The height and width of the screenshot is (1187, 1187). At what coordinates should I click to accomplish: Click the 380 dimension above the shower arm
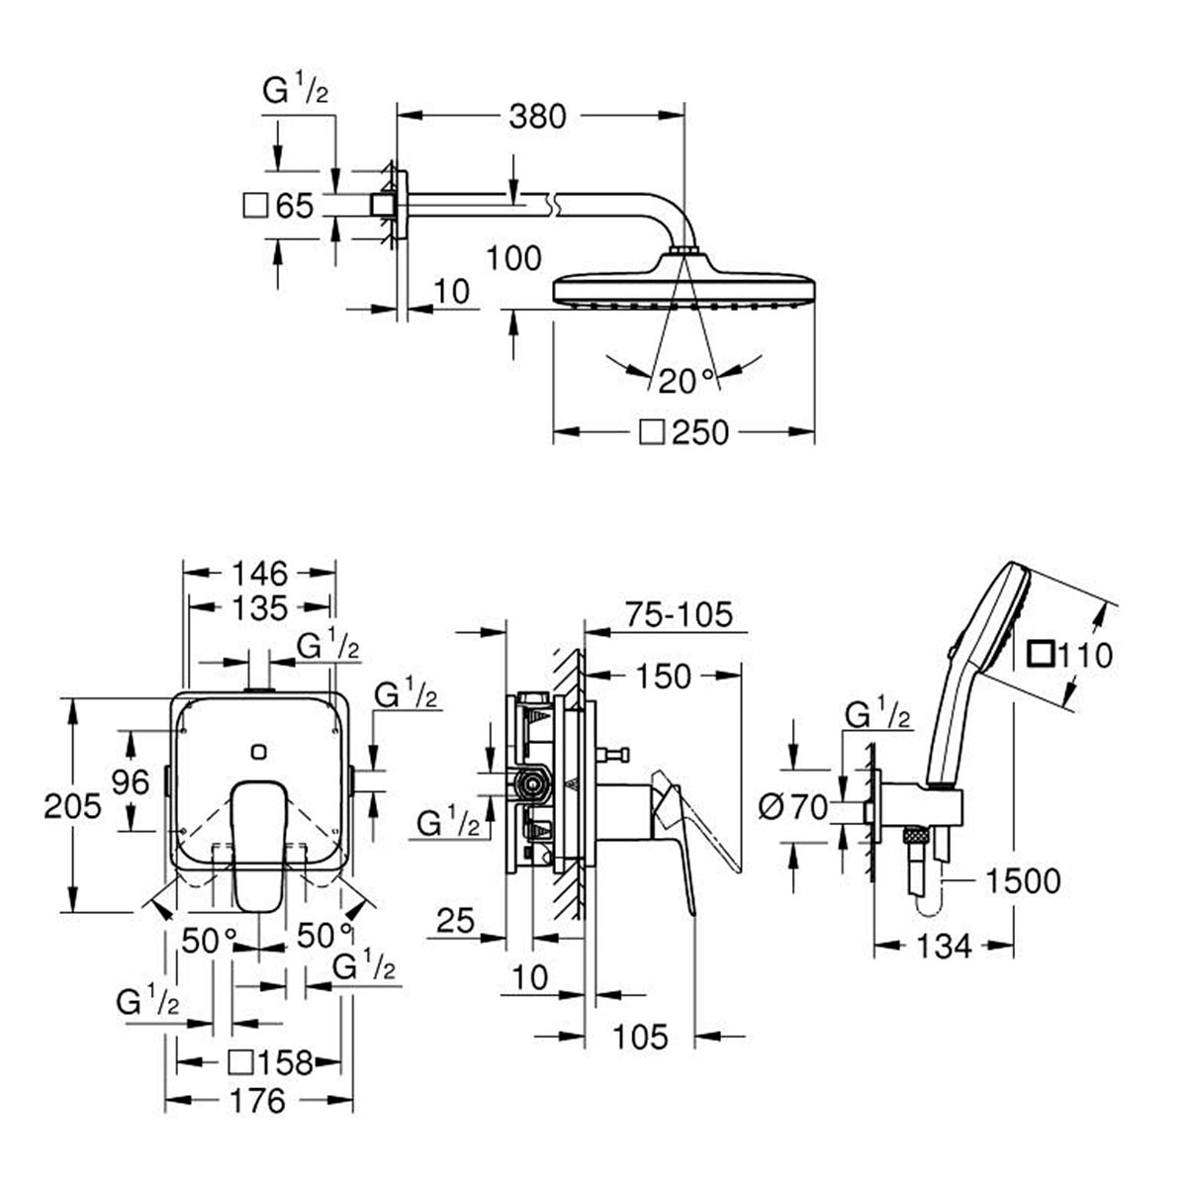coord(536,116)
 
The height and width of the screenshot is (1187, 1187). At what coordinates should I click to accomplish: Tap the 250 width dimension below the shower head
coord(700,432)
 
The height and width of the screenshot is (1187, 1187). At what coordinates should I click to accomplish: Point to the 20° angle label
coord(685,381)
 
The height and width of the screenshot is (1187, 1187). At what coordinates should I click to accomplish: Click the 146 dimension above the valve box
coord(260,574)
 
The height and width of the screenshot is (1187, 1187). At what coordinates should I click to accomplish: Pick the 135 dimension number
coord(260,608)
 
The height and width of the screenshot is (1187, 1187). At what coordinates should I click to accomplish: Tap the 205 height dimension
coord(72,806)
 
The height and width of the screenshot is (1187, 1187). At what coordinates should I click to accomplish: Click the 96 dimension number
coord(130,782)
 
